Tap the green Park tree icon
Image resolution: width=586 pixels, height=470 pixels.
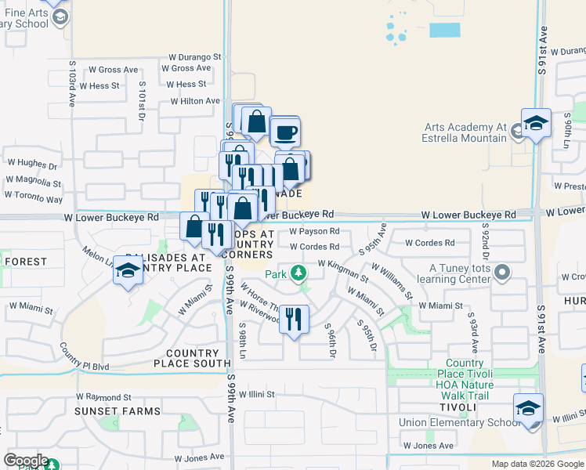point(297,273)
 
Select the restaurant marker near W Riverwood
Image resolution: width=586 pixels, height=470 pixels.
point(294,319)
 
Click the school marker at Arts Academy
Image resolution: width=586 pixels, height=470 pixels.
point(536,123)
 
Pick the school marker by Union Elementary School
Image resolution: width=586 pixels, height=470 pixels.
point(528,409)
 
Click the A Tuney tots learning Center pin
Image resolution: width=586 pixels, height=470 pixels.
point(502,273)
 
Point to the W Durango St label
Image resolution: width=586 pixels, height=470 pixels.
point(196,56)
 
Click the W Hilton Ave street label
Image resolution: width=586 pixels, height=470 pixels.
point(190,101)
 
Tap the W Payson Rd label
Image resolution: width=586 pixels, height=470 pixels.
point(313,232)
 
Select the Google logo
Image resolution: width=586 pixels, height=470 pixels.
point(26,461)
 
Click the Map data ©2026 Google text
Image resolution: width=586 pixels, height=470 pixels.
point(537,464)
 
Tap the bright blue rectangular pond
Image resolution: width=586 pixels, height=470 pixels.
point(445,30)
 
